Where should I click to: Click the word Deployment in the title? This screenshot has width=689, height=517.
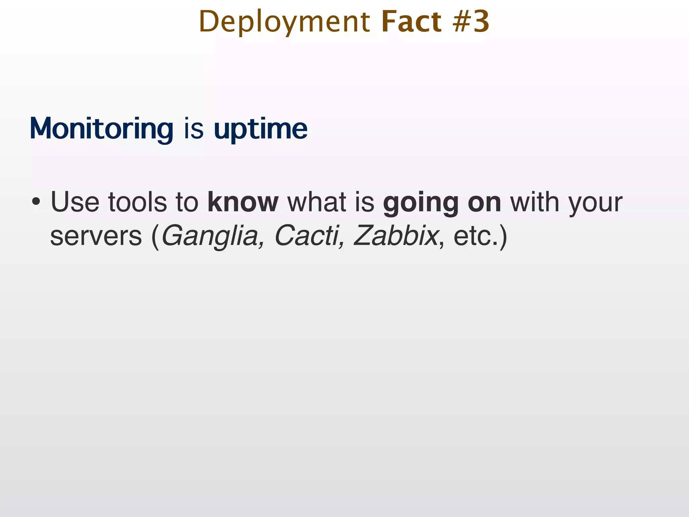pyautogui.click(x=284, y=22)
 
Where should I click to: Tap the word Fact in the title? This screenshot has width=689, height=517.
pyautogui.click(x=411, y=22)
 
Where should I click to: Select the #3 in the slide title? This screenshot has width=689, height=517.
pyautogui.click(x=471, y=22)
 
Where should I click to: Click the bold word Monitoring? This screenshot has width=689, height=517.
pyautogui.click(x=102, y=129)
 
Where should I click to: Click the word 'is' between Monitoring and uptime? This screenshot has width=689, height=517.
pyautogui.click(x=194, y=129)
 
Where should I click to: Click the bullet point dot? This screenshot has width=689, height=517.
pyautogui.click(x=36, y=203)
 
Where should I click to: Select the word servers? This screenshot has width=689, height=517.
pyautogui.click(x=96, y=236)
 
